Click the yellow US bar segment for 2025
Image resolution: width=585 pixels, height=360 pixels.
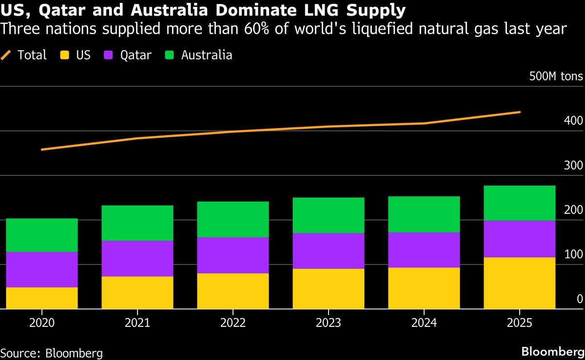(x=519, y=283)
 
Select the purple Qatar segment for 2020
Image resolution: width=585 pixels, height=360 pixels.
(x=41, y=269)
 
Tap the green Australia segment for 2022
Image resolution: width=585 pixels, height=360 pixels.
(x=233, y=219)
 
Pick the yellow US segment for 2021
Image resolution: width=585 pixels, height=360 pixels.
(x=137, y=293)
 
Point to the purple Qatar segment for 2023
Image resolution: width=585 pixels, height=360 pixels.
(x=328, y=251)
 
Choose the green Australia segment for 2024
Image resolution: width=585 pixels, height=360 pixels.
(x=424, y=214)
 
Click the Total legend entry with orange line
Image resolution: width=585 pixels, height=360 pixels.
(x=24, y=55)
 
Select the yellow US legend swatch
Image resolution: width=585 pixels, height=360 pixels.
(x=63, y=55)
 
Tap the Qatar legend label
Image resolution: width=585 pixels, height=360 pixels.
(x=136, y=55)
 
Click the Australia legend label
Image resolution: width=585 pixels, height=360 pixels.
(x=207, y=55)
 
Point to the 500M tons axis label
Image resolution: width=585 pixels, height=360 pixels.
(x=555, y=76)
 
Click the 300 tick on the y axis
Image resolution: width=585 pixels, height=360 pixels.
(x=573, y=166)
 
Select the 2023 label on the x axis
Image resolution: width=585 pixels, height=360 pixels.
(x=328, y=322)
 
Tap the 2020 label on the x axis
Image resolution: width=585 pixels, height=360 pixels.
(x=41, y=322)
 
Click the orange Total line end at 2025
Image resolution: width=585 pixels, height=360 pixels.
(x=519, y=112)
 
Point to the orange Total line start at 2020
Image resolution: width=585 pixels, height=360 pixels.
(x=42, y=150)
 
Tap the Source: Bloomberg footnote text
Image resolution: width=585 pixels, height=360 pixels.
(x=51, y=353)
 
